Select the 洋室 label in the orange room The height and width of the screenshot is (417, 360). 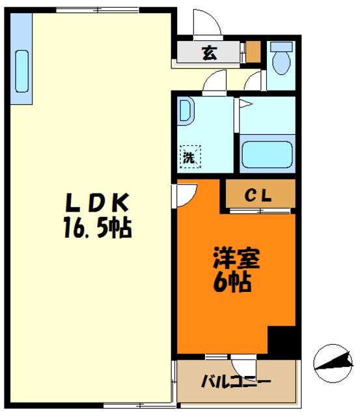pyautogui.click(x=236, y=259)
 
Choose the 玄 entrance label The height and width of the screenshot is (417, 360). pyautogui.click(x=208, y=53)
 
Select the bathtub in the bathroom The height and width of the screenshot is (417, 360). pyautogui.click(x=268, y=155)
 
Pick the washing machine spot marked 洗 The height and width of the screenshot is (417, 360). pyautogui.click(x=190, y=156)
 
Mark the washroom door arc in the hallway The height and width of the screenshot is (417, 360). pyautogui.click(x=212, y=83)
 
